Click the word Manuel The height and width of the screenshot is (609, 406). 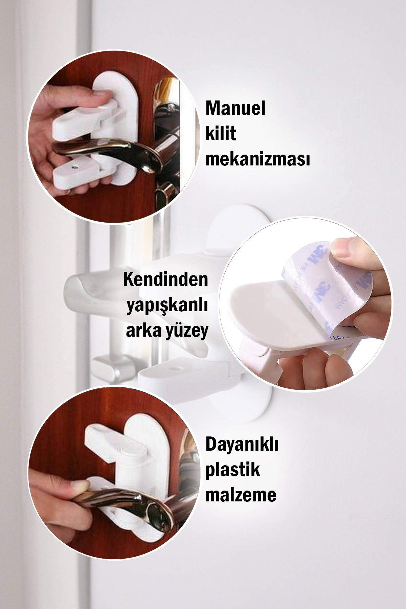point(235,109)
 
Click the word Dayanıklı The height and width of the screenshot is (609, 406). point(242,445)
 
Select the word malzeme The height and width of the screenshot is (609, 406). point(241,495)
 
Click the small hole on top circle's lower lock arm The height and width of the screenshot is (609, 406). point(74,167)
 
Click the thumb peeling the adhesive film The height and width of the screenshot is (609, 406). point(352,250)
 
